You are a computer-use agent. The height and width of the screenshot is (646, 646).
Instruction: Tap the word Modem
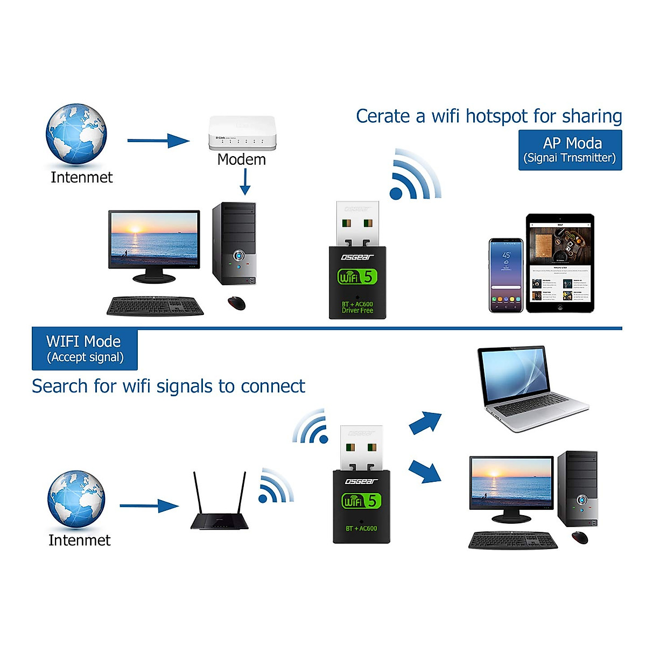[241, 159]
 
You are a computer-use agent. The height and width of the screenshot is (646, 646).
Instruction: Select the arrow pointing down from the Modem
[245, 182]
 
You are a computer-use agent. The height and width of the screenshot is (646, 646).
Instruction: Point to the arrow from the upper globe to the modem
[158, 141]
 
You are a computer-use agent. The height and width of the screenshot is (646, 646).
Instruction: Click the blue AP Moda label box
[570, 150]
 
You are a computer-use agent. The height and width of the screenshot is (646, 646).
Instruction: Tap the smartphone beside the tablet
[505, 275]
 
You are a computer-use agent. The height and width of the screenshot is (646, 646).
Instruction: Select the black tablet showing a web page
[560, 263]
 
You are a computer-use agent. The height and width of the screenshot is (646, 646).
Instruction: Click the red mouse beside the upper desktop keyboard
[236, 303]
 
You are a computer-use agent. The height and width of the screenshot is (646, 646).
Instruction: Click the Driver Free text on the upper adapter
[357, 311]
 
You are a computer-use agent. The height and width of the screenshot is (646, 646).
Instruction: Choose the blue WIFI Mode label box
[85, 349]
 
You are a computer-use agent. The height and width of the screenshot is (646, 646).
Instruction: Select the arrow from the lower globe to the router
[149, 506]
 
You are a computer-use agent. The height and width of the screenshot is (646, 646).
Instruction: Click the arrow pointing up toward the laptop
[425, 423]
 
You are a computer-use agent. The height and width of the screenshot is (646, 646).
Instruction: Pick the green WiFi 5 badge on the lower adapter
[360, 501]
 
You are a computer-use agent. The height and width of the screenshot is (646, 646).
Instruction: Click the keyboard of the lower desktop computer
[513, 540]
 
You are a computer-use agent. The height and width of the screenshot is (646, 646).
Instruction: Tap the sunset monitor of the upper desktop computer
[154, 240]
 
